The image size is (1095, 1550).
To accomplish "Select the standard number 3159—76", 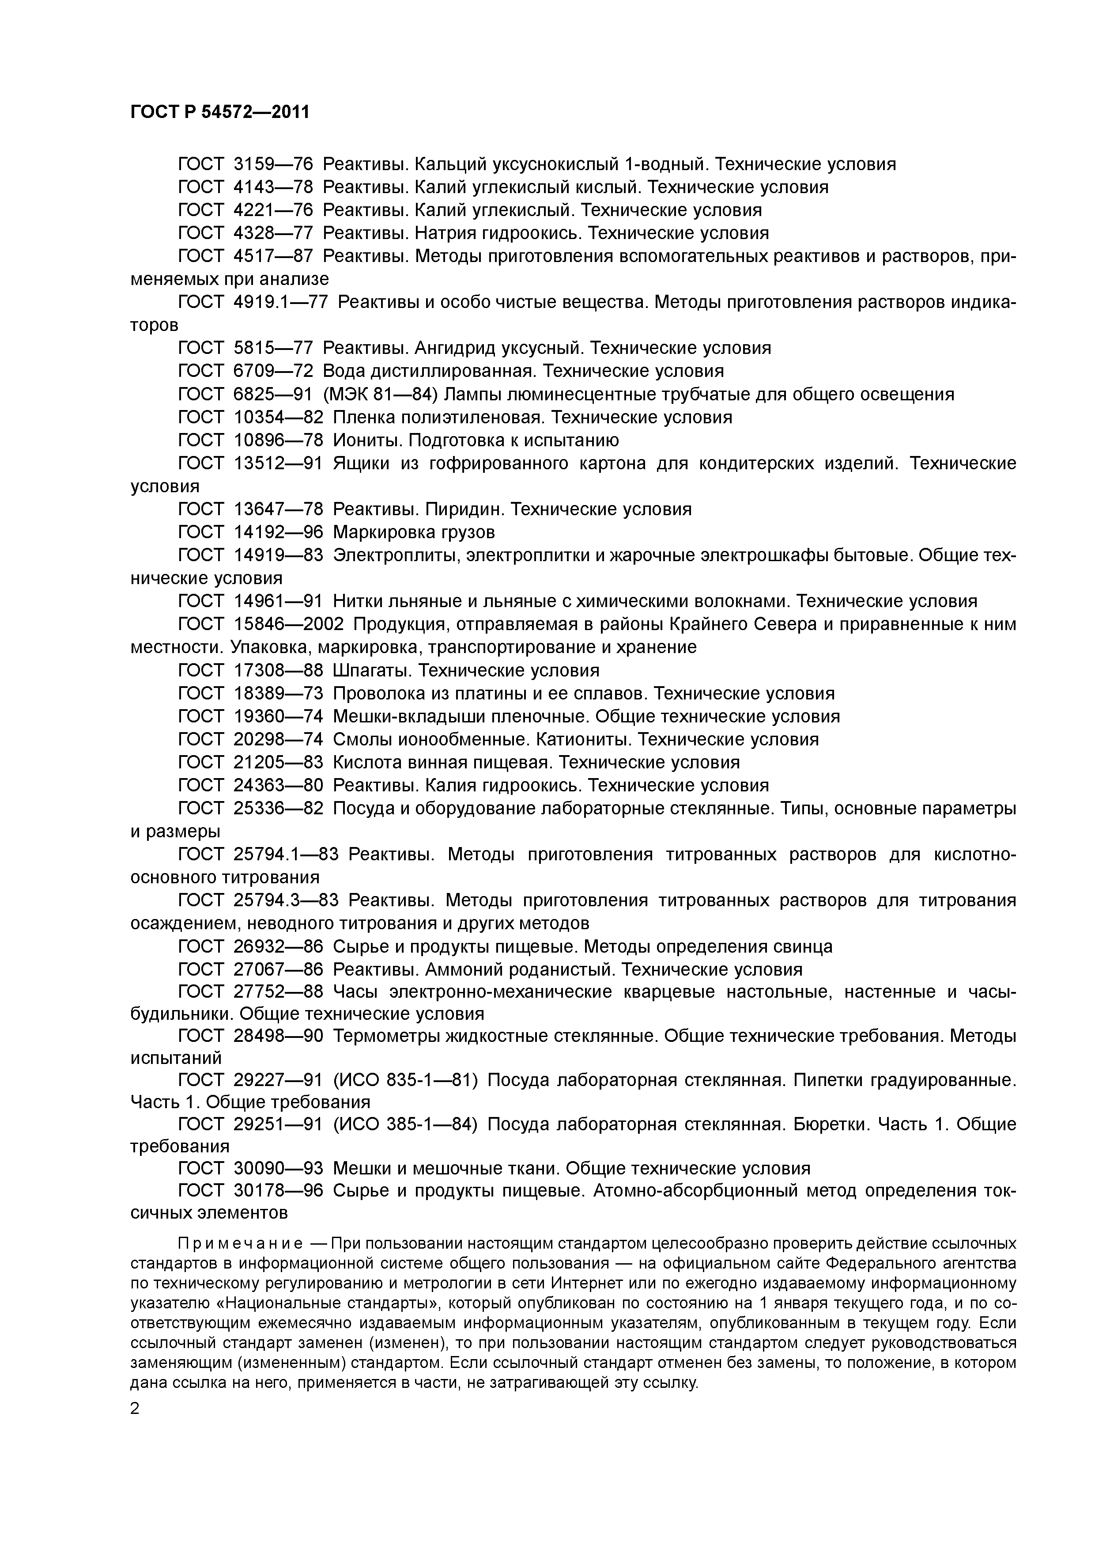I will coord(273,164).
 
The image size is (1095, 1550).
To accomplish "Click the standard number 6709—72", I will coord(273,371).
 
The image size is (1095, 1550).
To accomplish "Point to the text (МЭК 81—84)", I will coord(381,394).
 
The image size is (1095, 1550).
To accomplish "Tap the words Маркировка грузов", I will coord(414,532).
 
